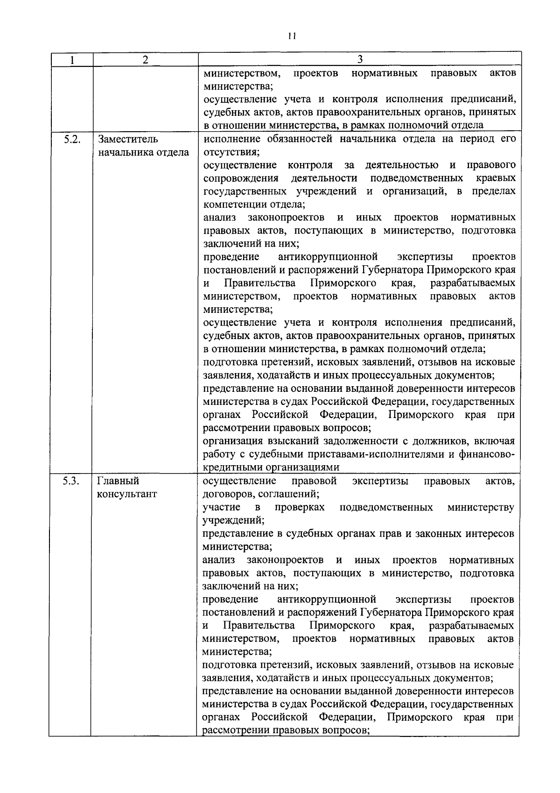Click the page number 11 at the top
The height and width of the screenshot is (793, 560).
292,36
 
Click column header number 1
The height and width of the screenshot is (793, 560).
72,60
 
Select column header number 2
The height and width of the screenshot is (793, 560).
145,60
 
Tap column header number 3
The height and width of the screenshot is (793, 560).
359,59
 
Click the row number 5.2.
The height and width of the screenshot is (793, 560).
72,139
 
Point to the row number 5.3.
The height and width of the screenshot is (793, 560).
71,481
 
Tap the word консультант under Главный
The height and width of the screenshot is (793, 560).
127,494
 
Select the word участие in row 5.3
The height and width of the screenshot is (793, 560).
222,507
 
